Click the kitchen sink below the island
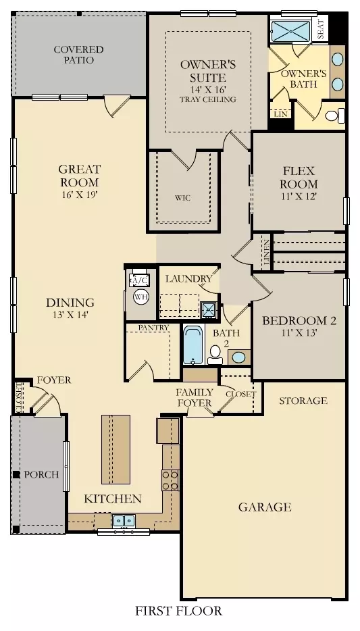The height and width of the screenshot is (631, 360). click(x=124, y=521)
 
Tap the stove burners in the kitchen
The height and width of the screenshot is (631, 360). click(x=171, y=480)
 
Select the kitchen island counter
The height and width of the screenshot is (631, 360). click(x=116, y=449)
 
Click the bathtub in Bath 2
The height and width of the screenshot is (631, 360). click(x=193, y=345)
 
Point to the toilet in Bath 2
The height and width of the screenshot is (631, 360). click(x=215, y=355)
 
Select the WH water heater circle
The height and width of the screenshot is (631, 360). click(x=140, y=297)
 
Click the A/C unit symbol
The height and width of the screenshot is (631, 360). click(x=140, y=280)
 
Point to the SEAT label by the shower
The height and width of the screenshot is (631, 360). click(x=321, y=29)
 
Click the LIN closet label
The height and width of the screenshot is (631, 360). click(x=281, y=114)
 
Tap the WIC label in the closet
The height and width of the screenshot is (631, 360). click(x=182, y=198)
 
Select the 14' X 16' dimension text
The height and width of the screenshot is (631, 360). click(x=208, y=89)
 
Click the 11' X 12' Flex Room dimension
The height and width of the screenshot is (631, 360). click(x=299, y=197)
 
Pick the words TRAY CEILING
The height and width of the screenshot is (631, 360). click(x=208, y=99)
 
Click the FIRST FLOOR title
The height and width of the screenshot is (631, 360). click(x=178, y=611)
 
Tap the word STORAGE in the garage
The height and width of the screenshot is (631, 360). click(x=303, y=401)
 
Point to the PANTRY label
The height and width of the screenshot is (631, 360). click(x=153, y=328)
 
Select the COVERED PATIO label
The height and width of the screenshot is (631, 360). click(x=79, y=55)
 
